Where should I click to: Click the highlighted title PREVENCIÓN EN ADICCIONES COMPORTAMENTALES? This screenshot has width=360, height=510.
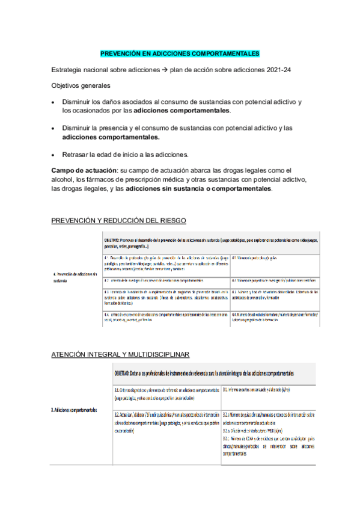[x=179, y=53]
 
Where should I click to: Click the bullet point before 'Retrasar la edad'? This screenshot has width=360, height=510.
[x=55, y=155]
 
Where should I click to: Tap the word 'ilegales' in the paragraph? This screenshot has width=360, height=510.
[x=106, y=188]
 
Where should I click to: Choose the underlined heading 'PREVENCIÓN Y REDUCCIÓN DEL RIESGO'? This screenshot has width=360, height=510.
[x=119, y=221]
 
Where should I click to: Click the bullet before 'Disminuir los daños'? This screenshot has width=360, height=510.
[x=55, y=103]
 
